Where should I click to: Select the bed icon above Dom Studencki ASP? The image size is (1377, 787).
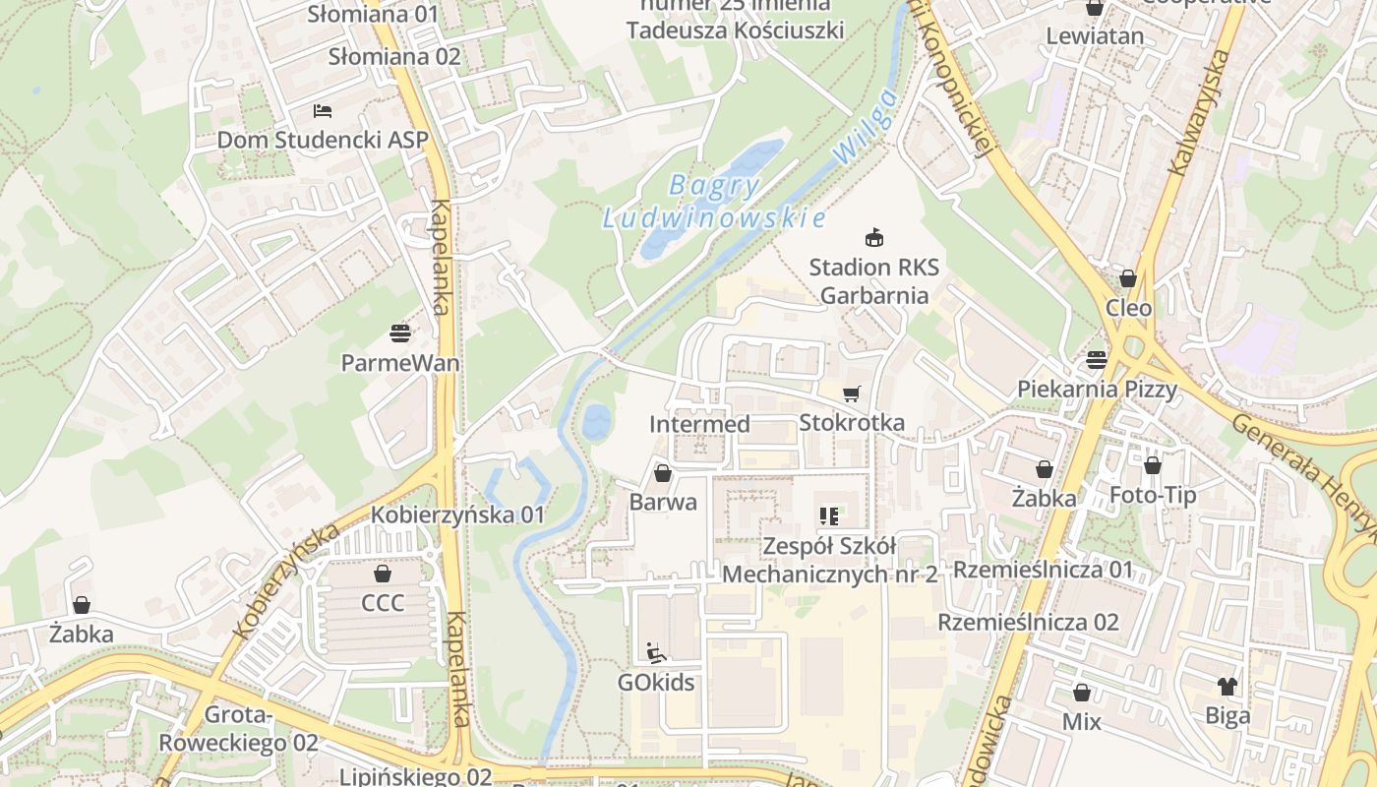coord(322,110)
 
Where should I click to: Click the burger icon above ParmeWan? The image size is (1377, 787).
coord(399,333)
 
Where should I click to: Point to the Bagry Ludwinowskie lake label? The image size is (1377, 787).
coord(713,201)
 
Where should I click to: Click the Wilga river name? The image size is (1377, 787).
coord(865,126)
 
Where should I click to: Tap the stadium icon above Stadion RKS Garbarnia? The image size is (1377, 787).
coord(873,237)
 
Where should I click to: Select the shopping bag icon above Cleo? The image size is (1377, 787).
coord(1128,278)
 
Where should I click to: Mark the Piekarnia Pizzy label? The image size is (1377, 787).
coord(1097,389)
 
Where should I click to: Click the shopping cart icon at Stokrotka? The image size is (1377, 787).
coord(852,393)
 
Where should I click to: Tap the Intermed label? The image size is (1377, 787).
coord(699,424)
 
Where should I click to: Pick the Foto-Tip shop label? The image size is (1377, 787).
coord(1152,494)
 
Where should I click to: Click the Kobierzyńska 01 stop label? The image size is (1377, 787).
coord(457,515)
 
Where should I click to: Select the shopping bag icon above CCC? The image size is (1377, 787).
coord(383,573)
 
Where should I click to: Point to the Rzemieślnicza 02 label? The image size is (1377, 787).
coord(1028,622)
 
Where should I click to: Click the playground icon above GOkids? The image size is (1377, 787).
coord(656,652)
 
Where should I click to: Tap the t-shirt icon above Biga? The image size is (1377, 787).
coord(1227,686)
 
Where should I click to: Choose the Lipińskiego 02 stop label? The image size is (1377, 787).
coord(415,776)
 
